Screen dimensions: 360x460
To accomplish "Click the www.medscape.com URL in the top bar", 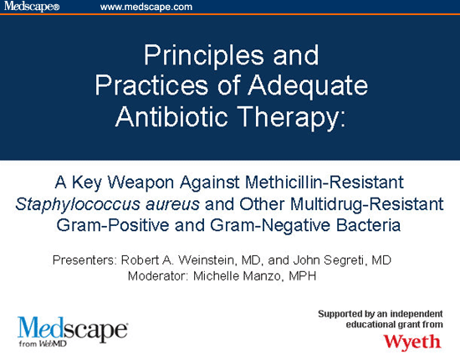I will point(146,7).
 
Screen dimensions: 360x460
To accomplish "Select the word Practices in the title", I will point(146,85).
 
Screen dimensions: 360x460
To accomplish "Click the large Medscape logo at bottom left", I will point(71,328).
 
